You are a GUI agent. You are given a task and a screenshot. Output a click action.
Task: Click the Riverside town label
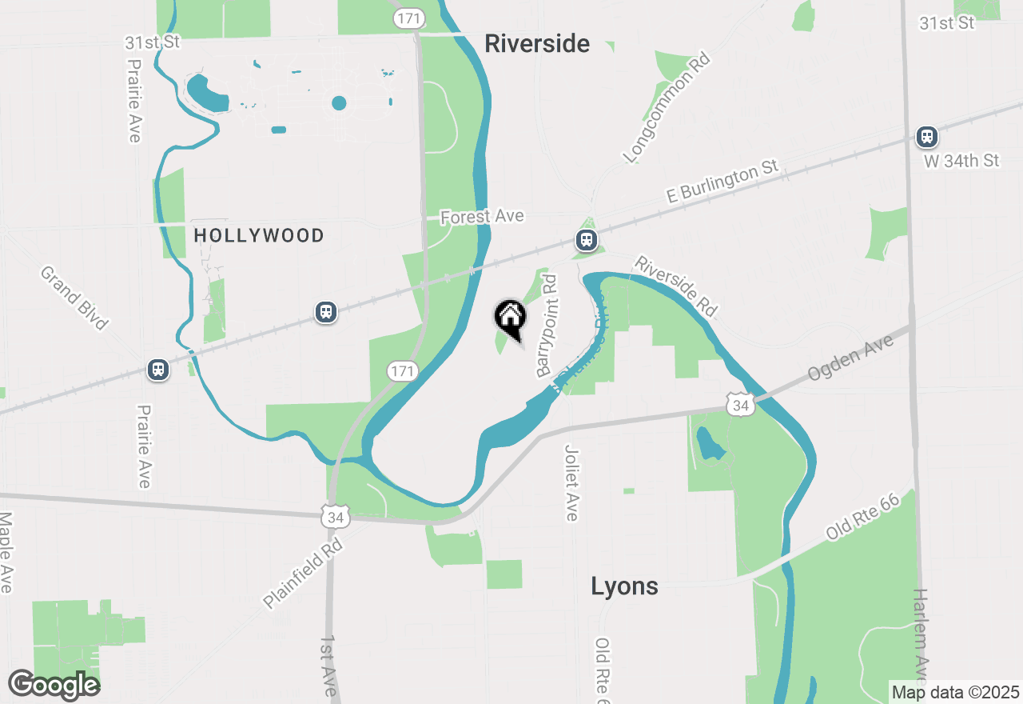point(537,44)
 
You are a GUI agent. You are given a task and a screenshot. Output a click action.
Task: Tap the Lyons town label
point(624,586)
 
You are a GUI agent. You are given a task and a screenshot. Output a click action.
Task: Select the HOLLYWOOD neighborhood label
point(259,235)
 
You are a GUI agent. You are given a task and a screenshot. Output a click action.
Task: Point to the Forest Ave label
point(482,216)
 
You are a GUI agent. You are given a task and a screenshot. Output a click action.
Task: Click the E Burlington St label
point(722,182)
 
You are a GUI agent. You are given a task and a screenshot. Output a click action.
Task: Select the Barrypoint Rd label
point(547,326)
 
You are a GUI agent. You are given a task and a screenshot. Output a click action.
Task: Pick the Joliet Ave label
point(571,482)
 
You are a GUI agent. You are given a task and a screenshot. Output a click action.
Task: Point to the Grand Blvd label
point(74,298)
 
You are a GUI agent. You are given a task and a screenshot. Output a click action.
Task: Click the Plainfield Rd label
point(303,573)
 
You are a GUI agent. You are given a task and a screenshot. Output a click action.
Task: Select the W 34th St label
point(961,161)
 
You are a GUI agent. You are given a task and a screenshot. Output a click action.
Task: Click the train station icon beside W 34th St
point(927,137)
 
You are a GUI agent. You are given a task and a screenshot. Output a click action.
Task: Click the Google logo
point(54,685)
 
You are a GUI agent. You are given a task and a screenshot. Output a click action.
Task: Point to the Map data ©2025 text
point(955,692)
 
